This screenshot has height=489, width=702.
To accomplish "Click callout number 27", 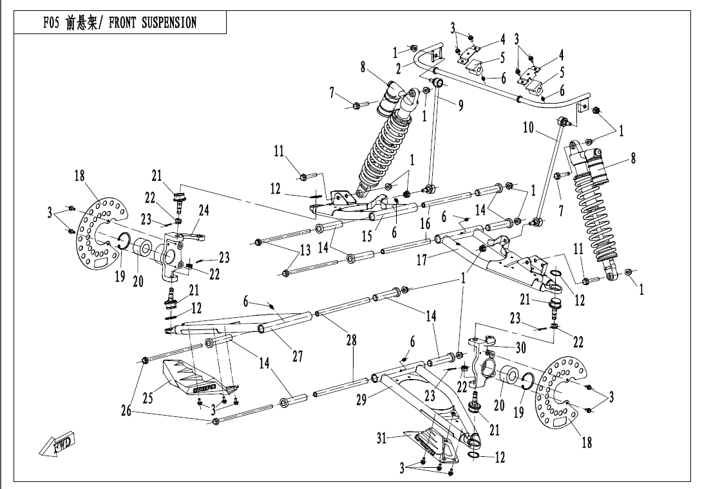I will click(x=297, y=356).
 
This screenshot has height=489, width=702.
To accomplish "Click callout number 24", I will click(x=204, y=210).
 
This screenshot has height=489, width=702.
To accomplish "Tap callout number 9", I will click(x=460, y=106).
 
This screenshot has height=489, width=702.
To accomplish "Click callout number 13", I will click(x=305, y=249).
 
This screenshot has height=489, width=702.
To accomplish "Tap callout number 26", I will click(x=126, y=409).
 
